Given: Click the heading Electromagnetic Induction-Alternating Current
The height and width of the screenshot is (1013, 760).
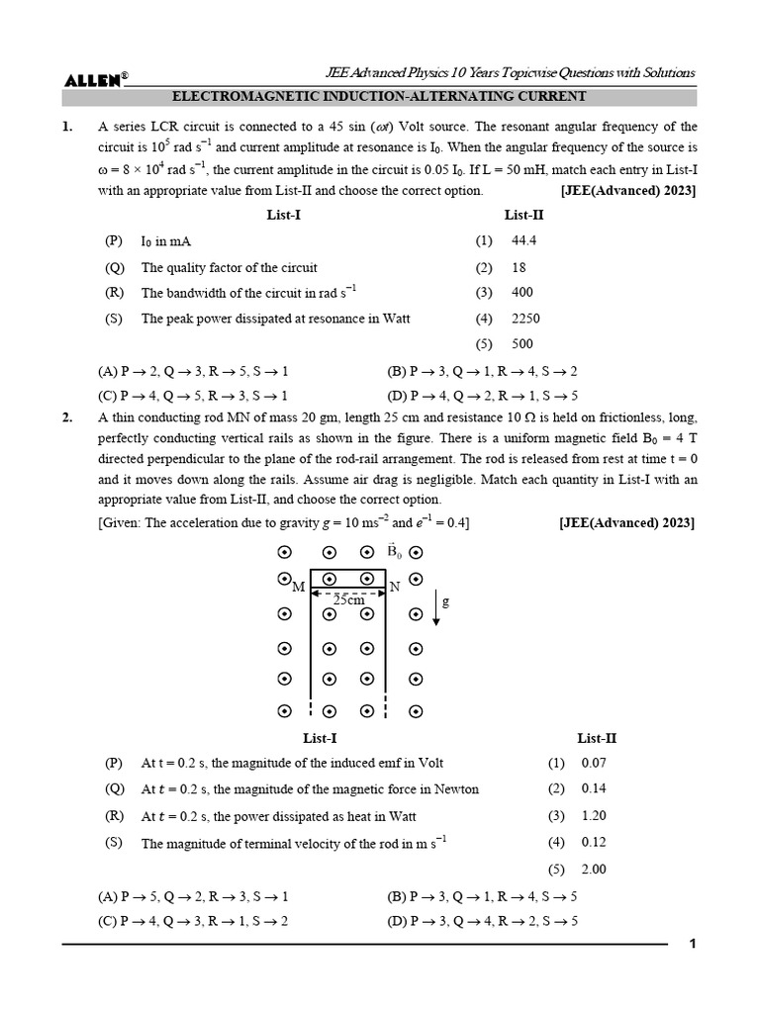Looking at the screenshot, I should click(380, 96).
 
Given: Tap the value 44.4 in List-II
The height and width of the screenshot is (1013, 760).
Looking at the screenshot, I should click(523, 240).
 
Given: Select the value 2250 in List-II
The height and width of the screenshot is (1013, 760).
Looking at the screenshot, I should click(525, 319).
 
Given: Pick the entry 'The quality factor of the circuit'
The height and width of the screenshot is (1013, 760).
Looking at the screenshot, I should click(229, 267).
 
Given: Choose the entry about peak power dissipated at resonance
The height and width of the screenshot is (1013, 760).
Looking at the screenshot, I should click(275, 319).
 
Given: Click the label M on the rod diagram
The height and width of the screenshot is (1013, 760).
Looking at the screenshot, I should click(299, 588).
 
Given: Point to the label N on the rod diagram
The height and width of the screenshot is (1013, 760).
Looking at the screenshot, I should click(394, 588).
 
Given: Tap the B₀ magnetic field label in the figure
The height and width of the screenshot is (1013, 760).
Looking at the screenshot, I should click(395, 550).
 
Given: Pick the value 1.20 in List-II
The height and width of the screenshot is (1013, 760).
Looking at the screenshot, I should click(594, 816).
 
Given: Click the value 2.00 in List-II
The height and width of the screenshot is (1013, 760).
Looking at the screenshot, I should click(594, 870).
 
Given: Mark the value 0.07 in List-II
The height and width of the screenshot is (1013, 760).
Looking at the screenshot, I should click(594, 763).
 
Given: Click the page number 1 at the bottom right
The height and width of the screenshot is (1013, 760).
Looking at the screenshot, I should click(694, 944).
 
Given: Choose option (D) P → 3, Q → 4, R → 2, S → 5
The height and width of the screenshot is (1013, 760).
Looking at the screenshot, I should click(482, 920).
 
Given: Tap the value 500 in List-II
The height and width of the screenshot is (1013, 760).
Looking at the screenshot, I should click(522, 344).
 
